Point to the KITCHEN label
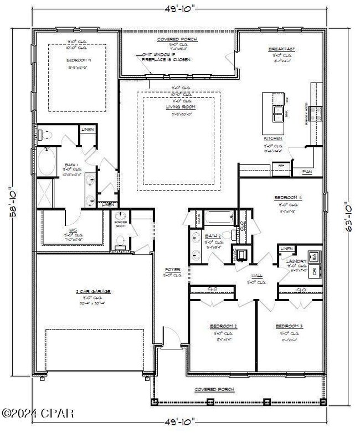(x=273, y=138)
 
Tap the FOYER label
(x=172, y=270)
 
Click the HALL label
(x=256, y=275)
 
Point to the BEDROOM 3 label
(x=290, y=326)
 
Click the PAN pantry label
(x=307, y=172)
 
